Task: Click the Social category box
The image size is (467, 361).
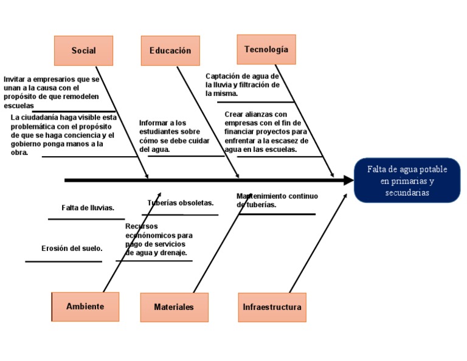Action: coord(83,50)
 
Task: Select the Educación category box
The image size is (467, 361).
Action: coord(170,50)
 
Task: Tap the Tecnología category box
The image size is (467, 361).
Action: coord(266,49)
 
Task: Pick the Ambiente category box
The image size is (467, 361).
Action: coord(85,307)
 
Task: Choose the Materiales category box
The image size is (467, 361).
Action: coord(174,308)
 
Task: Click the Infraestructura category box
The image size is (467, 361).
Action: coord(272,308)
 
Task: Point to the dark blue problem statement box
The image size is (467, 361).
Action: coord(407,180)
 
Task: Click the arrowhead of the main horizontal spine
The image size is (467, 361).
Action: coord(349,180)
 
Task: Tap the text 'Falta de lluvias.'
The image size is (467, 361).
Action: coord(88,208)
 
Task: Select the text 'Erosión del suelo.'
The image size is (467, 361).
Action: coord(72,248)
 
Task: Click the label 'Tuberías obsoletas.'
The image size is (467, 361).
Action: coord(181,202)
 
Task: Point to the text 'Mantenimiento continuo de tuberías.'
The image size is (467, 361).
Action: coord(277,201)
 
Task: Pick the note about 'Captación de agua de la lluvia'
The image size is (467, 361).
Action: coord(243,85)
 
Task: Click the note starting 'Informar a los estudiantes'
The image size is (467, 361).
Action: coord(174,136)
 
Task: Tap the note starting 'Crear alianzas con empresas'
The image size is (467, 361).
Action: coord(266,131)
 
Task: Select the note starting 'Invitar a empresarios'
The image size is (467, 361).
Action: coord(51,92)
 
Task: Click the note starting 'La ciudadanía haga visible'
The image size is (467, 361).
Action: coord(63,135)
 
